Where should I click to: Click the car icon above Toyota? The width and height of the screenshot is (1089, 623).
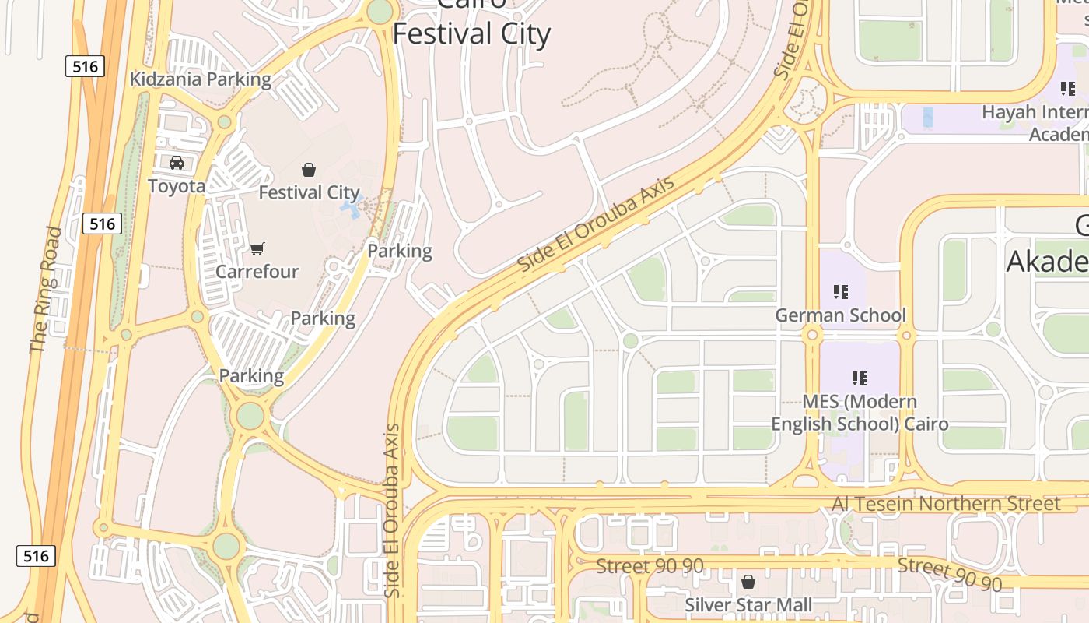point(177,163)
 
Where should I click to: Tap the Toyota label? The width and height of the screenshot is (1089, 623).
point(177,186)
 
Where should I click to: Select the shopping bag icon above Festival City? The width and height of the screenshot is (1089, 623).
point(309,169)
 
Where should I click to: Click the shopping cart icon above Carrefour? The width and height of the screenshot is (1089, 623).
point(257,249)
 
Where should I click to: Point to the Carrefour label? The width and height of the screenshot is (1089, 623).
point(257,272)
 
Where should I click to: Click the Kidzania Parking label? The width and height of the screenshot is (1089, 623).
point(201,79)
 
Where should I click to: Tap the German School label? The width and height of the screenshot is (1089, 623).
point(841,315)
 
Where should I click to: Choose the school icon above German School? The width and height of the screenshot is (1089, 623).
point(840,292)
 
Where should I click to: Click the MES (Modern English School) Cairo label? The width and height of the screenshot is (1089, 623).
point(860,413)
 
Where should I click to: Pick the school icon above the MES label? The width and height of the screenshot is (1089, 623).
point(860,378)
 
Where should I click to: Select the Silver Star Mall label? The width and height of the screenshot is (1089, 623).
point(748,605)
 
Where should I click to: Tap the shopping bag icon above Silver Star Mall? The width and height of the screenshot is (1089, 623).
point(748,582)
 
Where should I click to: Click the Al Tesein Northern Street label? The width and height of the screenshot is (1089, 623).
point(946,504)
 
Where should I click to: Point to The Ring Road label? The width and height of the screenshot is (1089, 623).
point(46,290)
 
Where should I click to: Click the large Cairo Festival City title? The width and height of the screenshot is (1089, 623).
point(472,31)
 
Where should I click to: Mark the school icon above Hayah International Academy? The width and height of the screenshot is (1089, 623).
point(1068,89)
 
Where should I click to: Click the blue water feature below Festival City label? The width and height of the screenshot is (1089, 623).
point(351,209)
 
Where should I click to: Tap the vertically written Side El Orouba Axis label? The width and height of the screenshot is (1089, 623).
point(393,511)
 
